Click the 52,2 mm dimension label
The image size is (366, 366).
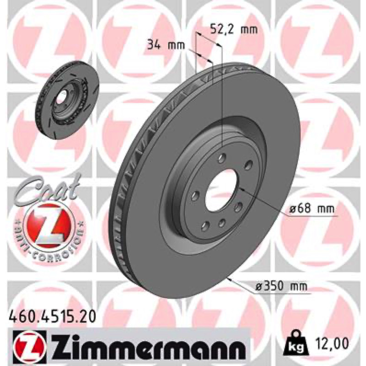234,30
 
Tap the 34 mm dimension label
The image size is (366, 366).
166,45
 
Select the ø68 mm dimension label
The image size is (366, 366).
312,209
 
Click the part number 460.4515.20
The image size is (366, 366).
52,317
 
